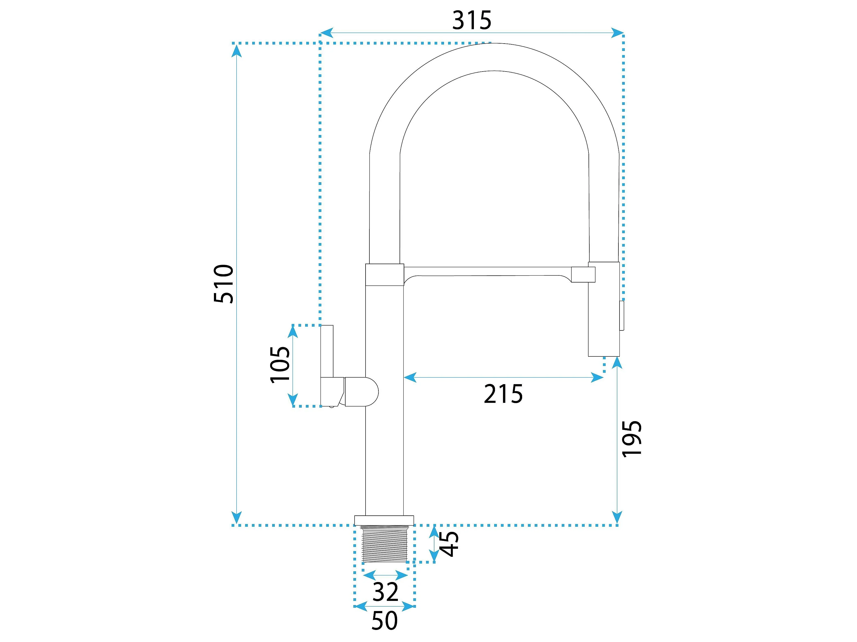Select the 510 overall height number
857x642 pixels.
[224, 284]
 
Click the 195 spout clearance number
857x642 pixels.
[632, 439]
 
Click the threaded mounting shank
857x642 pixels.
[384, 543]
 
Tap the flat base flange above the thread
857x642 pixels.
[384, 520]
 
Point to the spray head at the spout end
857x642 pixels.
[604, 309]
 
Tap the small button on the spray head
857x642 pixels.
[621, 316]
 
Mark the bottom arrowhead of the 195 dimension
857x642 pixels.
[617, 518]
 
